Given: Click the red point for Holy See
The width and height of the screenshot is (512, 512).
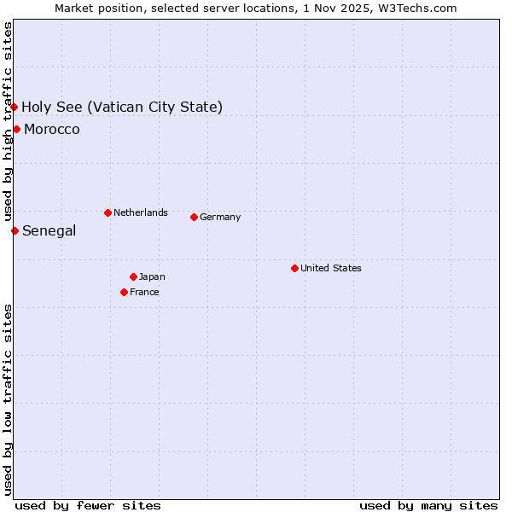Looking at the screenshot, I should (x=15, y=107).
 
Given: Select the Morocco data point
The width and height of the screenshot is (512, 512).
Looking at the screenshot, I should (x=16, y=129).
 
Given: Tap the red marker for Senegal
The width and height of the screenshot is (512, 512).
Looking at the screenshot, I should (x=15, y=230).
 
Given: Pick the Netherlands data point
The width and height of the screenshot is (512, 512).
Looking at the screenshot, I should (x=108, y=212).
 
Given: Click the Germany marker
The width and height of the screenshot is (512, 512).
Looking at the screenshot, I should (x=194, y=217).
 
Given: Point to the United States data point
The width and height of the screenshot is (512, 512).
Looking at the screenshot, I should (x=294, y=268).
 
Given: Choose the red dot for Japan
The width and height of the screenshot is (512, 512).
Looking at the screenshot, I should (x=133, y=276).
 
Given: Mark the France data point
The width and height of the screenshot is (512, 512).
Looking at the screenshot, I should (x=124, y=292).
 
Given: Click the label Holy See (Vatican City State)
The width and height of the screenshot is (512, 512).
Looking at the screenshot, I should (x=122, y=107).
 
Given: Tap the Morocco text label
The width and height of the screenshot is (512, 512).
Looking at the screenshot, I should (x=52, y=129).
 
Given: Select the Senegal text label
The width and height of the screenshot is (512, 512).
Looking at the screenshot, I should (x=49, y=230).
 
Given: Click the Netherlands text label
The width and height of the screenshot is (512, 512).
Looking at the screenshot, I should (x=141, y=212).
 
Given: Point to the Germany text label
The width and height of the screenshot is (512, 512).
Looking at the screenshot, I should (x=220, y=217).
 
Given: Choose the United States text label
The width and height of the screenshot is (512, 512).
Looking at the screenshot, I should (x=331, y=268).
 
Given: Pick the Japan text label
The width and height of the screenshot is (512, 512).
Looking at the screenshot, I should (x=152, y=276).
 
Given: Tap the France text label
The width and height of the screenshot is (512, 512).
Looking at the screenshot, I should (x=144, y=292).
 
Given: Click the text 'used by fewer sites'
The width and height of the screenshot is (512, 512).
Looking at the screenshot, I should (x=88, y=505).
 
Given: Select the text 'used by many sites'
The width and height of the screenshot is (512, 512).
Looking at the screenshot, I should (x=428, y=505).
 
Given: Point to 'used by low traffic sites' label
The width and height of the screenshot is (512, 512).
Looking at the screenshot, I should (x=8, y=399).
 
